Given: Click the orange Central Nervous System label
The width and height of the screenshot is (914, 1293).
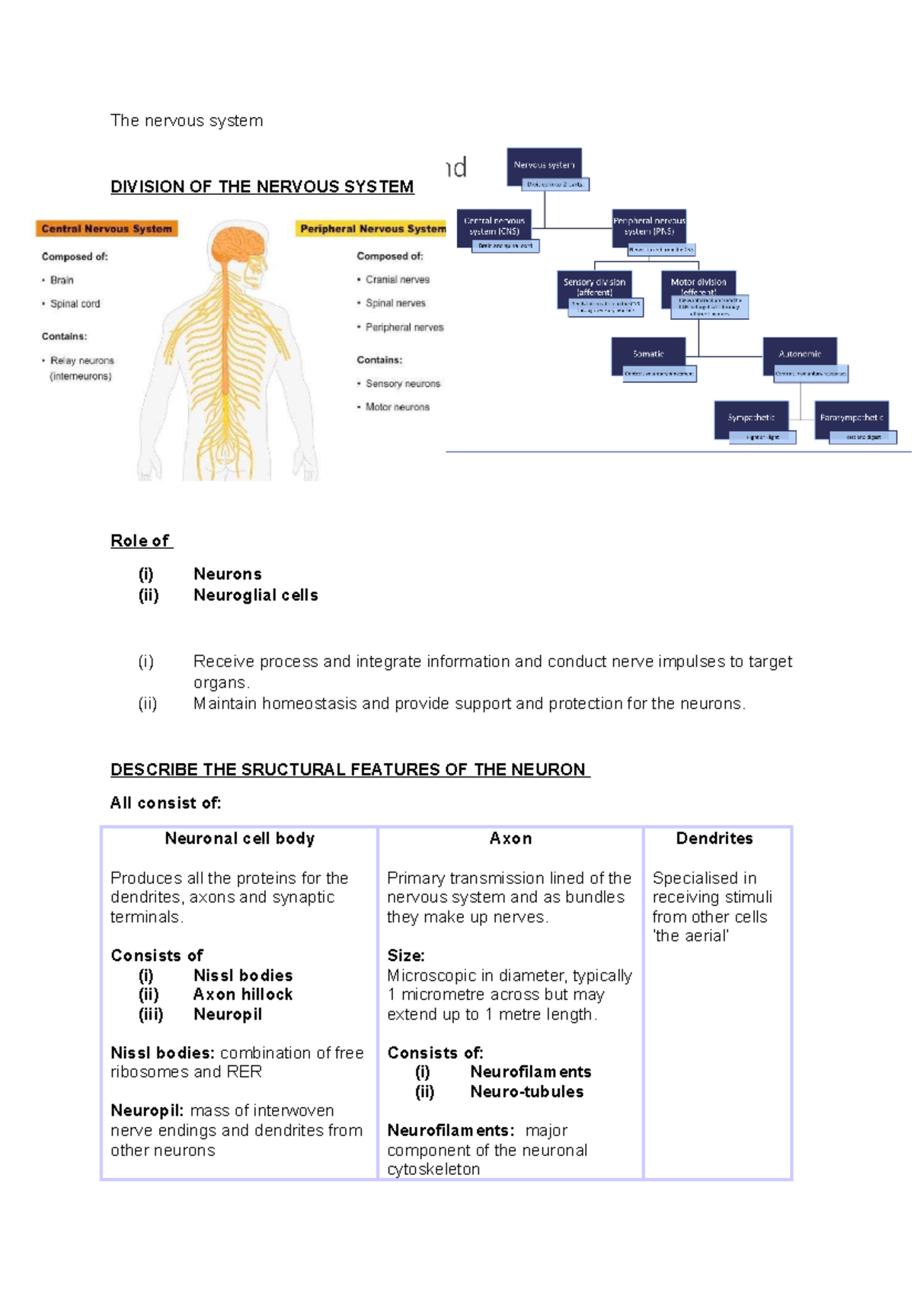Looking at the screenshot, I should [x=107, y=228].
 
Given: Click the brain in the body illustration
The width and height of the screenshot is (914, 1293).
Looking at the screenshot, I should [x=237, y=245].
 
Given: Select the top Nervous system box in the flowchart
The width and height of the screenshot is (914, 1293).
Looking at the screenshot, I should [x=544, y=164].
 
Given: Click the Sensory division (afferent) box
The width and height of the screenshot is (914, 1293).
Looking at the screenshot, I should [x=594, y=286].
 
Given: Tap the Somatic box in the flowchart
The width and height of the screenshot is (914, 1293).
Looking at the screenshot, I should [x=648, y=353].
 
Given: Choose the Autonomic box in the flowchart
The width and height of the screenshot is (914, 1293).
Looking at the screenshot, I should [x=800, y=353].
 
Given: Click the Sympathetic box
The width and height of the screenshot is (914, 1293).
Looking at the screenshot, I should [x=751, y=417].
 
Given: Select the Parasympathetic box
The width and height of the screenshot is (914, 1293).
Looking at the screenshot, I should [x=851, y=417].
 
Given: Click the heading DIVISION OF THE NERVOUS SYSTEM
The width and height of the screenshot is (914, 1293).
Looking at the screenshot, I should [x=262, y=187].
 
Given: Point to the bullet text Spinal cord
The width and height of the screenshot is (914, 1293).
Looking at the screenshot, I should [x=75, y=304].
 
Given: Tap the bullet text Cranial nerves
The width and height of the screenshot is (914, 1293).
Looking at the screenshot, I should [x=397, y=279].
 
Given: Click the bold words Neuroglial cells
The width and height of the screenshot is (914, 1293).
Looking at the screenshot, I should [x=255, y=595].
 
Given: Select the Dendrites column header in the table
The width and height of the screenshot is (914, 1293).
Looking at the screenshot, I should [x=714, y=838].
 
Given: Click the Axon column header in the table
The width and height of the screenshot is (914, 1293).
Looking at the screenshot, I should [x=510, y=838].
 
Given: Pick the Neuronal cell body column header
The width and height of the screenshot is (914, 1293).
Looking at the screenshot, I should [x=239, y=838].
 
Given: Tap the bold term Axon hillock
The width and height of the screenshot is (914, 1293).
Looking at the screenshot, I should [x=242, y=994].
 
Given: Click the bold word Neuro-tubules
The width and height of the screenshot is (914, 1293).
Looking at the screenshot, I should [x=526, y=1091].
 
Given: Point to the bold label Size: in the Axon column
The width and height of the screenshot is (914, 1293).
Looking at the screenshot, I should [x=406, y=956].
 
